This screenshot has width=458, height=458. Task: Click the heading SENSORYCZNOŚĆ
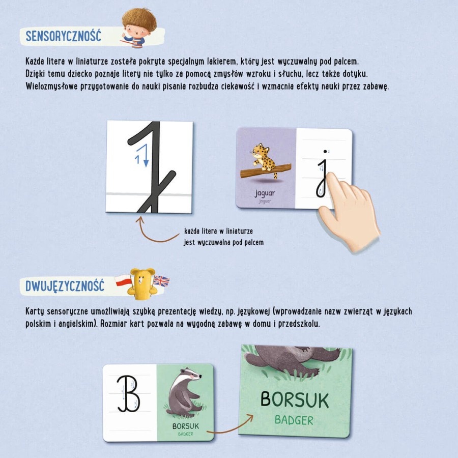(64, 36)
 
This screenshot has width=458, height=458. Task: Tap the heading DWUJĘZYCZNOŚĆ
(65, 285)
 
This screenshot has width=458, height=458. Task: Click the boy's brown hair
(139, 19)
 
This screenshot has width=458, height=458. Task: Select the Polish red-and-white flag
(123, 280)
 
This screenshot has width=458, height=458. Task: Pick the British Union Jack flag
(161, 281)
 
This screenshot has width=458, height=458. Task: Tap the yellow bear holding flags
(142, 283)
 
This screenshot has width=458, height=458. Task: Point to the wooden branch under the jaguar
(266, 171)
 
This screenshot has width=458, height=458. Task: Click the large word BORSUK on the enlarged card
(295, 399)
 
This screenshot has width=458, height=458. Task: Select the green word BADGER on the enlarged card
(294, 420)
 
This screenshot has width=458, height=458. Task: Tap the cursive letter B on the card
(129, 394)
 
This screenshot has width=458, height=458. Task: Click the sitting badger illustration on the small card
(184, 392)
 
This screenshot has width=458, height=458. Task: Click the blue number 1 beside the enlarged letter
(137, 159)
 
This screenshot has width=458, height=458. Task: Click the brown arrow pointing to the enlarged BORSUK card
(230, 425)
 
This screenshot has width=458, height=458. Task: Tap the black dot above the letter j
(325, 151)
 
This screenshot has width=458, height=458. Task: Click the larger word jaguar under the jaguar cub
(265, 193)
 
